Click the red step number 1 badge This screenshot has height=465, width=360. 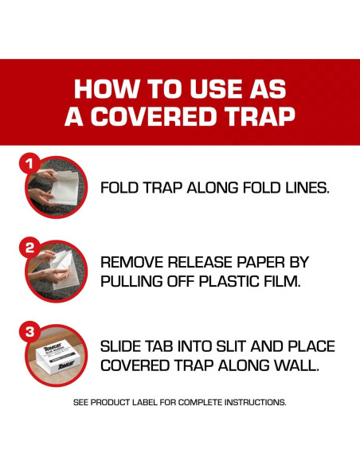[29, 163]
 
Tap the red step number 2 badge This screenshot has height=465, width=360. [29, 248]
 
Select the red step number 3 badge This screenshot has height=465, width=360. [29, 331]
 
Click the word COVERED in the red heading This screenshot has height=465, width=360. [154, 115]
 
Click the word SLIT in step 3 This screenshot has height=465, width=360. [231, 346]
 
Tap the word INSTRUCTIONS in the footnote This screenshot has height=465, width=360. [255, 402]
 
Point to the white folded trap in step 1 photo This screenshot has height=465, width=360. [65, 187]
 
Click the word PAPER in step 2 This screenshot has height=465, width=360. [260, 262]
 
